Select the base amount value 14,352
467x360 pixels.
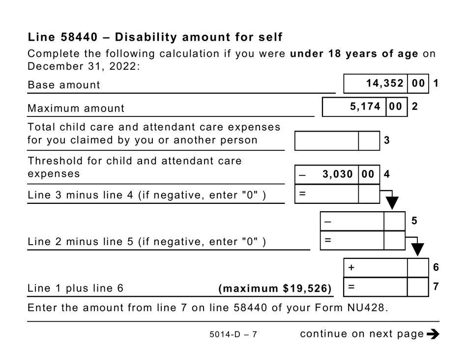385,83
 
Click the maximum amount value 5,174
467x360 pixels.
364,107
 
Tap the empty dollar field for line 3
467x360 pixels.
326,141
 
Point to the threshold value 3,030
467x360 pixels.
337,174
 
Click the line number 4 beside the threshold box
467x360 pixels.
387,174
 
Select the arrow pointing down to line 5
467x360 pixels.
392,202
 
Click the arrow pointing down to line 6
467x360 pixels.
417,249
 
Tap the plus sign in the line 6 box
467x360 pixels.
351,268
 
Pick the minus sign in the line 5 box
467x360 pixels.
327,222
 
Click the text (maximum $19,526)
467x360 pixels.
275,288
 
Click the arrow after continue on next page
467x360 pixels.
433,334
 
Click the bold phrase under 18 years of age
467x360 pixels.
354,54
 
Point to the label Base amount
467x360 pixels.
64,85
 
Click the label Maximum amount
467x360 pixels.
76,108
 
